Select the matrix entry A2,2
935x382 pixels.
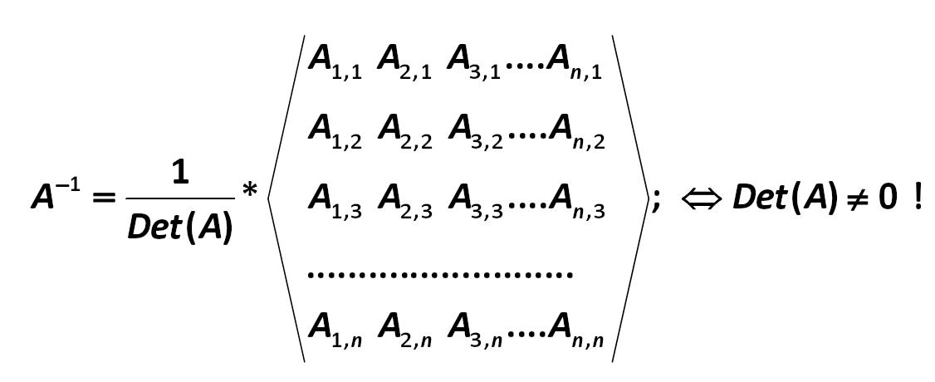click(x=404, y=132)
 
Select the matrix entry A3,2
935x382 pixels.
click(x=475, y=132)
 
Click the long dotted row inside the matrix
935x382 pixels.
click(x=440, y=274)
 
